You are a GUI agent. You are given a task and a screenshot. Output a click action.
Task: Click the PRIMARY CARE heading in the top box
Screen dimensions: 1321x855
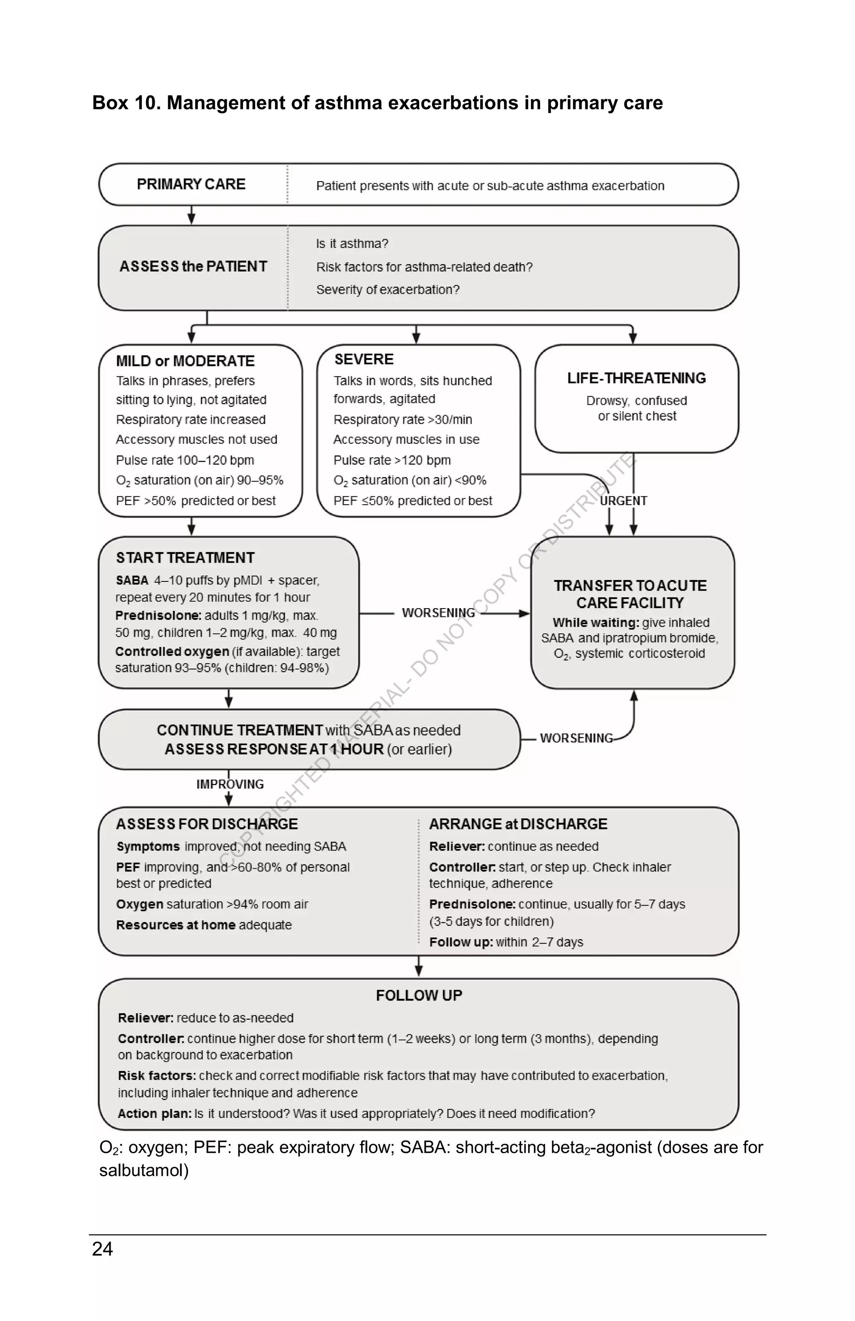[191, 184]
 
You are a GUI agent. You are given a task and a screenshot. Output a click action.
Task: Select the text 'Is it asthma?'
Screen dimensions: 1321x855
[352, 244]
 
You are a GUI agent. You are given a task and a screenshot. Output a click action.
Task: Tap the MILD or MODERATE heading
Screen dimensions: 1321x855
[185, 361]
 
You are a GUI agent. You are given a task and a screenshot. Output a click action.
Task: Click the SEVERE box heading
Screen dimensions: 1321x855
[364, 360]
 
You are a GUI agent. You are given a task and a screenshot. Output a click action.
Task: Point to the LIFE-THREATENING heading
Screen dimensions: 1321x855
[636, 379]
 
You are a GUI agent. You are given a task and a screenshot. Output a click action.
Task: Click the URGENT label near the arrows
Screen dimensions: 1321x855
[623, 501]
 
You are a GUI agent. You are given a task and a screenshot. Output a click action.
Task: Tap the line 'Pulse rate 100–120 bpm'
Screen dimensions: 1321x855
[185, 460]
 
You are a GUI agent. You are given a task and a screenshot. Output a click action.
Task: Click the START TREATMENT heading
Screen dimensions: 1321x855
[185, 558]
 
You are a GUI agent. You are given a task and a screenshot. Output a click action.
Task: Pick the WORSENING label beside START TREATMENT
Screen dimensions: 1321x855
[438, 613]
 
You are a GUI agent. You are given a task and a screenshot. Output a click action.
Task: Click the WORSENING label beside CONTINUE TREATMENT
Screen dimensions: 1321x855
[576, 738]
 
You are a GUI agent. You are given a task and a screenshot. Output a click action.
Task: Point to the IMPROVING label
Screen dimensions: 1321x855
[230, 784]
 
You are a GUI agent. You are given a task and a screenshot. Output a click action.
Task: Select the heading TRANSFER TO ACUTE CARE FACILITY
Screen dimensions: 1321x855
[630, 594]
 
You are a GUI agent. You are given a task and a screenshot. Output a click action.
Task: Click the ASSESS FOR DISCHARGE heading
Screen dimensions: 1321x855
[207, 824]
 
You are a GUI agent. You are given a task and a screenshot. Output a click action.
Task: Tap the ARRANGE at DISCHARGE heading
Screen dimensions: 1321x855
[518, 824]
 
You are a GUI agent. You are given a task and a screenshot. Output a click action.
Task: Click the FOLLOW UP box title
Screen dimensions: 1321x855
[419, 996]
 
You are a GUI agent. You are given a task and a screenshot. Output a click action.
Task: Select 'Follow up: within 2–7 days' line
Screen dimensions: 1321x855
[506, 942]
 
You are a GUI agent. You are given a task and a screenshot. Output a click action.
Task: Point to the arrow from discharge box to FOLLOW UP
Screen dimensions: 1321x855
[419, 967]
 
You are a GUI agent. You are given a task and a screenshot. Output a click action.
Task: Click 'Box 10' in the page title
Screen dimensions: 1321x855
[126, 103]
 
